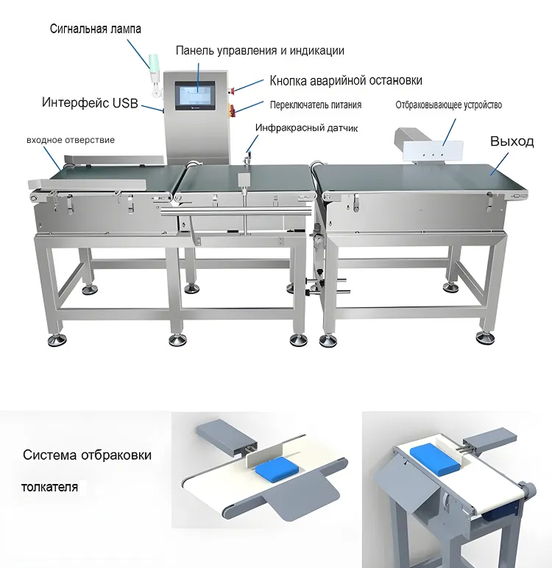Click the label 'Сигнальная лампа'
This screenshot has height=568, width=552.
[x=95, y=29]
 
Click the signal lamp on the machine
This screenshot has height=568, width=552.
[x=155, y=74]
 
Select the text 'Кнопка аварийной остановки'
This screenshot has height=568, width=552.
[x=346, y=80]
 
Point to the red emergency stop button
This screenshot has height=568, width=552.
[x=233, y=89]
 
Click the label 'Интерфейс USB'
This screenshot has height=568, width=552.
[x=90, y=103]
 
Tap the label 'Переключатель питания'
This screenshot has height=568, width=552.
[x=316, y=105]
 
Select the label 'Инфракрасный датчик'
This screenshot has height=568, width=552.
[x=307, y=128]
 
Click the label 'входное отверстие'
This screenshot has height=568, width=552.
[x=71, y=140]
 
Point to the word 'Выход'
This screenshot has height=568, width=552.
[x=512, y=141]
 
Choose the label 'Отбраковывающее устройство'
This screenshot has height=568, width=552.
[x=448, y=105]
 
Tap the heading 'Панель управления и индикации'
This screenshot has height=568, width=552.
[x=260, y=50]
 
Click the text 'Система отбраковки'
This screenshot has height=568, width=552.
[x=87, y=455]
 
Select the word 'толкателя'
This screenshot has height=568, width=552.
[x=49, y=487]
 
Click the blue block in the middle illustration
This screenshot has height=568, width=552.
[x=277, y=468]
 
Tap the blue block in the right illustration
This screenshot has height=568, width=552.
[x=435, y=459]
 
